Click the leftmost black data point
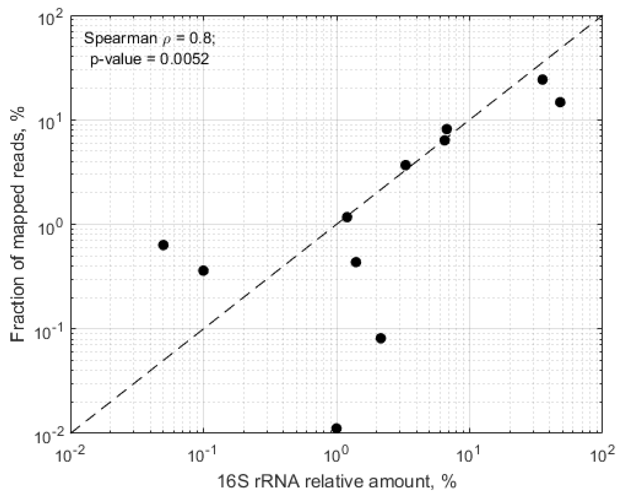(163, 245)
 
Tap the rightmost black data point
(560, 102)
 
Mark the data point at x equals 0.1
(204, 271)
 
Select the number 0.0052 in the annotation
(184, 59)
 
